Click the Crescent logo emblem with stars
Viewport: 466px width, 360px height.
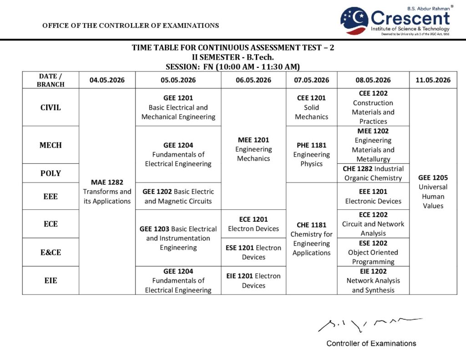pos(354,21)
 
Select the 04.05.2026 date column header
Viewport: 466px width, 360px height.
pos(107,80)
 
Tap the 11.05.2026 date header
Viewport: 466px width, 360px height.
pos(433,80)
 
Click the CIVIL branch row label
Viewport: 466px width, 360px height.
pos(51,107)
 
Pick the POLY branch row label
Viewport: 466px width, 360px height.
pos(51,173)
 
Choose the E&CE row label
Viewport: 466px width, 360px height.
pos(51,252)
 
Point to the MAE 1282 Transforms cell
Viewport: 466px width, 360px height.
pos(107,192)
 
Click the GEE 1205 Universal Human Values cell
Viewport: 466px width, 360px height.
pos(433,192)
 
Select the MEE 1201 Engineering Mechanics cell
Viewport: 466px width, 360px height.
pos(253,149)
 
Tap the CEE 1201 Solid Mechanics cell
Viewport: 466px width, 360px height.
pos(311,107)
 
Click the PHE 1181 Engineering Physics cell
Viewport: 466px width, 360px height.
pos(311,154)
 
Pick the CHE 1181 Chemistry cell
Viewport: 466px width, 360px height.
pos(311,238)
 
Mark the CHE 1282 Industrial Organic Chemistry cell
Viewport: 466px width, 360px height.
pos(373,173)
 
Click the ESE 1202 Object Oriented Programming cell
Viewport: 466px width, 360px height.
pos(373,252)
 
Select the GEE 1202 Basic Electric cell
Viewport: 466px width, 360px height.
pos(178,196)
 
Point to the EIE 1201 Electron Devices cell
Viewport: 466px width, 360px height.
pos(253,280)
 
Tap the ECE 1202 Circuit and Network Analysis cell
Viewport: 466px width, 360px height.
pos(373,224)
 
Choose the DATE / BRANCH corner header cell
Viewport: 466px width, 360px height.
pos(51,80)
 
